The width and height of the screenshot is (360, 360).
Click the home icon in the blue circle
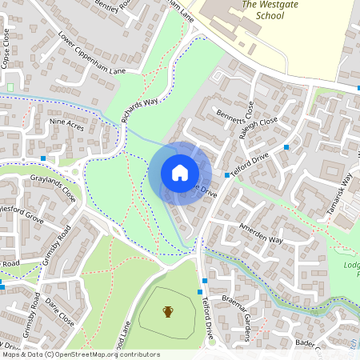click(179, 172)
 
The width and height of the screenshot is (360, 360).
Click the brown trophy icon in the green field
click(168, 311)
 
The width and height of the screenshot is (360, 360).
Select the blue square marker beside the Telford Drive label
click(227, 174)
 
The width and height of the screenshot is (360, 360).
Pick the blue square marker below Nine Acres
click(43, 158)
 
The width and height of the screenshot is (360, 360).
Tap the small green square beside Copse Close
click(12, 86)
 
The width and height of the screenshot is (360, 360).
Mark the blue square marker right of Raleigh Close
click(286, 147)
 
